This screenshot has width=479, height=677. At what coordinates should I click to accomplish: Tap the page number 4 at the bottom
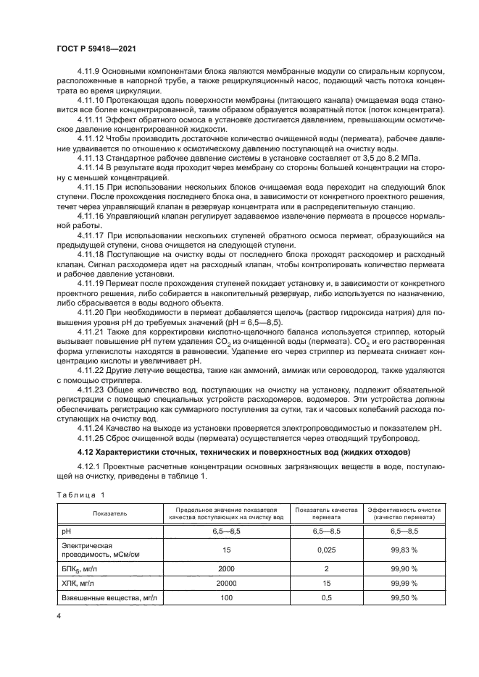point(59,615)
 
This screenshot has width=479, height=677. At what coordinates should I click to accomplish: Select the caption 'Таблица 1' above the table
point(80,495)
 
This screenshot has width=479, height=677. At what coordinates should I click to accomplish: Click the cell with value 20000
point(227,582)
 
